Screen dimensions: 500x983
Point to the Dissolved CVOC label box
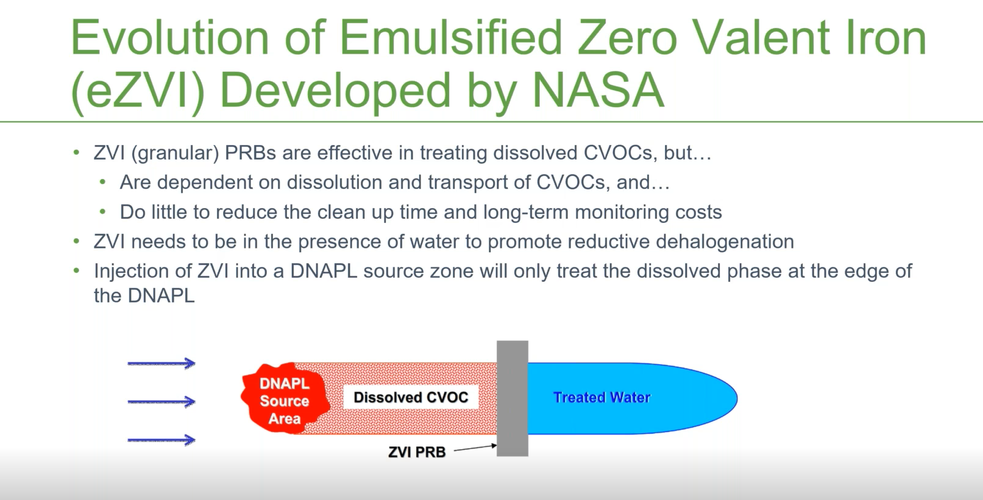pos(411,398)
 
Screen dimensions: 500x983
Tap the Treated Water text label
pos(602,398)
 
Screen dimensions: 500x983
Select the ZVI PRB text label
pos(417,452)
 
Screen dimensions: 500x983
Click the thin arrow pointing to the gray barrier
pos(475,448)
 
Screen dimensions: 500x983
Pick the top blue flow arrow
pos(161,364)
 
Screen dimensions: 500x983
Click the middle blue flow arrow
pos(161,401)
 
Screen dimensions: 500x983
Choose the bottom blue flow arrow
pos(161,440)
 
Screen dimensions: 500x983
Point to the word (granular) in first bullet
pos(175,153)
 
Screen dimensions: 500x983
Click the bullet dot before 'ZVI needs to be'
pos(76,242)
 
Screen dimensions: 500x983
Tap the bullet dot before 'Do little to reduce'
pos(103,212)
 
